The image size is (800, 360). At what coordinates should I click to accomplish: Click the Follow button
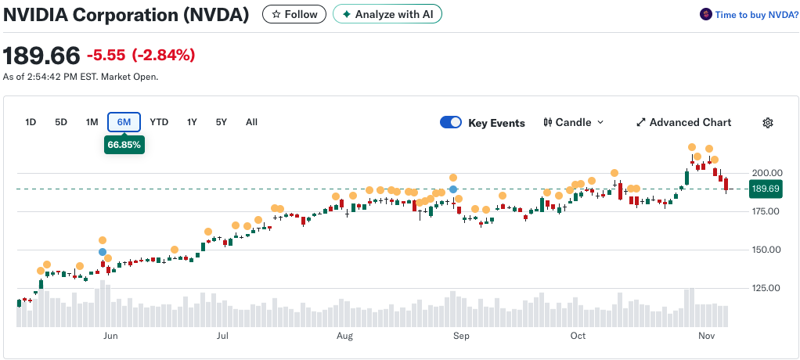pyautogui.click(x=294, y=14)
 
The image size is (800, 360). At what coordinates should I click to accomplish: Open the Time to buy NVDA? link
pyautogui.click(x=749, y=15)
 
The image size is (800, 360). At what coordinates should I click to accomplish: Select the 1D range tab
pyautogui.click(x=31, y=122)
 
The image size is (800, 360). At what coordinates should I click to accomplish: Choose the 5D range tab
pyautogui.click(x=61, y=122)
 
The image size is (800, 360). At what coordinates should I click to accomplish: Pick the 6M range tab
pyautogui.click(x=124, y=122)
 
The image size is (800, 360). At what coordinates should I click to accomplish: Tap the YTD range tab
pyautogui.click(x=159, y=122)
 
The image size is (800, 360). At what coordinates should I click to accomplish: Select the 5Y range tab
pyautogui.click(x=221, y=122)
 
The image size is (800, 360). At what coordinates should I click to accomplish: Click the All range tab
pyautogui.click(x=251, y=122)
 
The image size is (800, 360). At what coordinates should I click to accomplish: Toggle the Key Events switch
pyautogui.click(x=451, y=122)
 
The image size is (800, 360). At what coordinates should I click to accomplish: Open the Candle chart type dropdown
pyautogui.click(x=574, y=122)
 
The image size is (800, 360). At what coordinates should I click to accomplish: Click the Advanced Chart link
pyautogui.click(x=683, y=122)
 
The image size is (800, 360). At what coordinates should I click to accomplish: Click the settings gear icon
pyautogui.click(x=768, y=122)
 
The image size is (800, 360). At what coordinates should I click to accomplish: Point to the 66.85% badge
pyautogui.click(x=124, y=145)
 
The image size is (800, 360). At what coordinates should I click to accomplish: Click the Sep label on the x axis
pyautogui.click(x=461, y=336)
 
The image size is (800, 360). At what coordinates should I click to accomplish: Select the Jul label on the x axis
pyautogui.click(x=222, y=336)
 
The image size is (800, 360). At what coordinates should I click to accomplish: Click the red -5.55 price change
pyautogui.click(x=106, y=55)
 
